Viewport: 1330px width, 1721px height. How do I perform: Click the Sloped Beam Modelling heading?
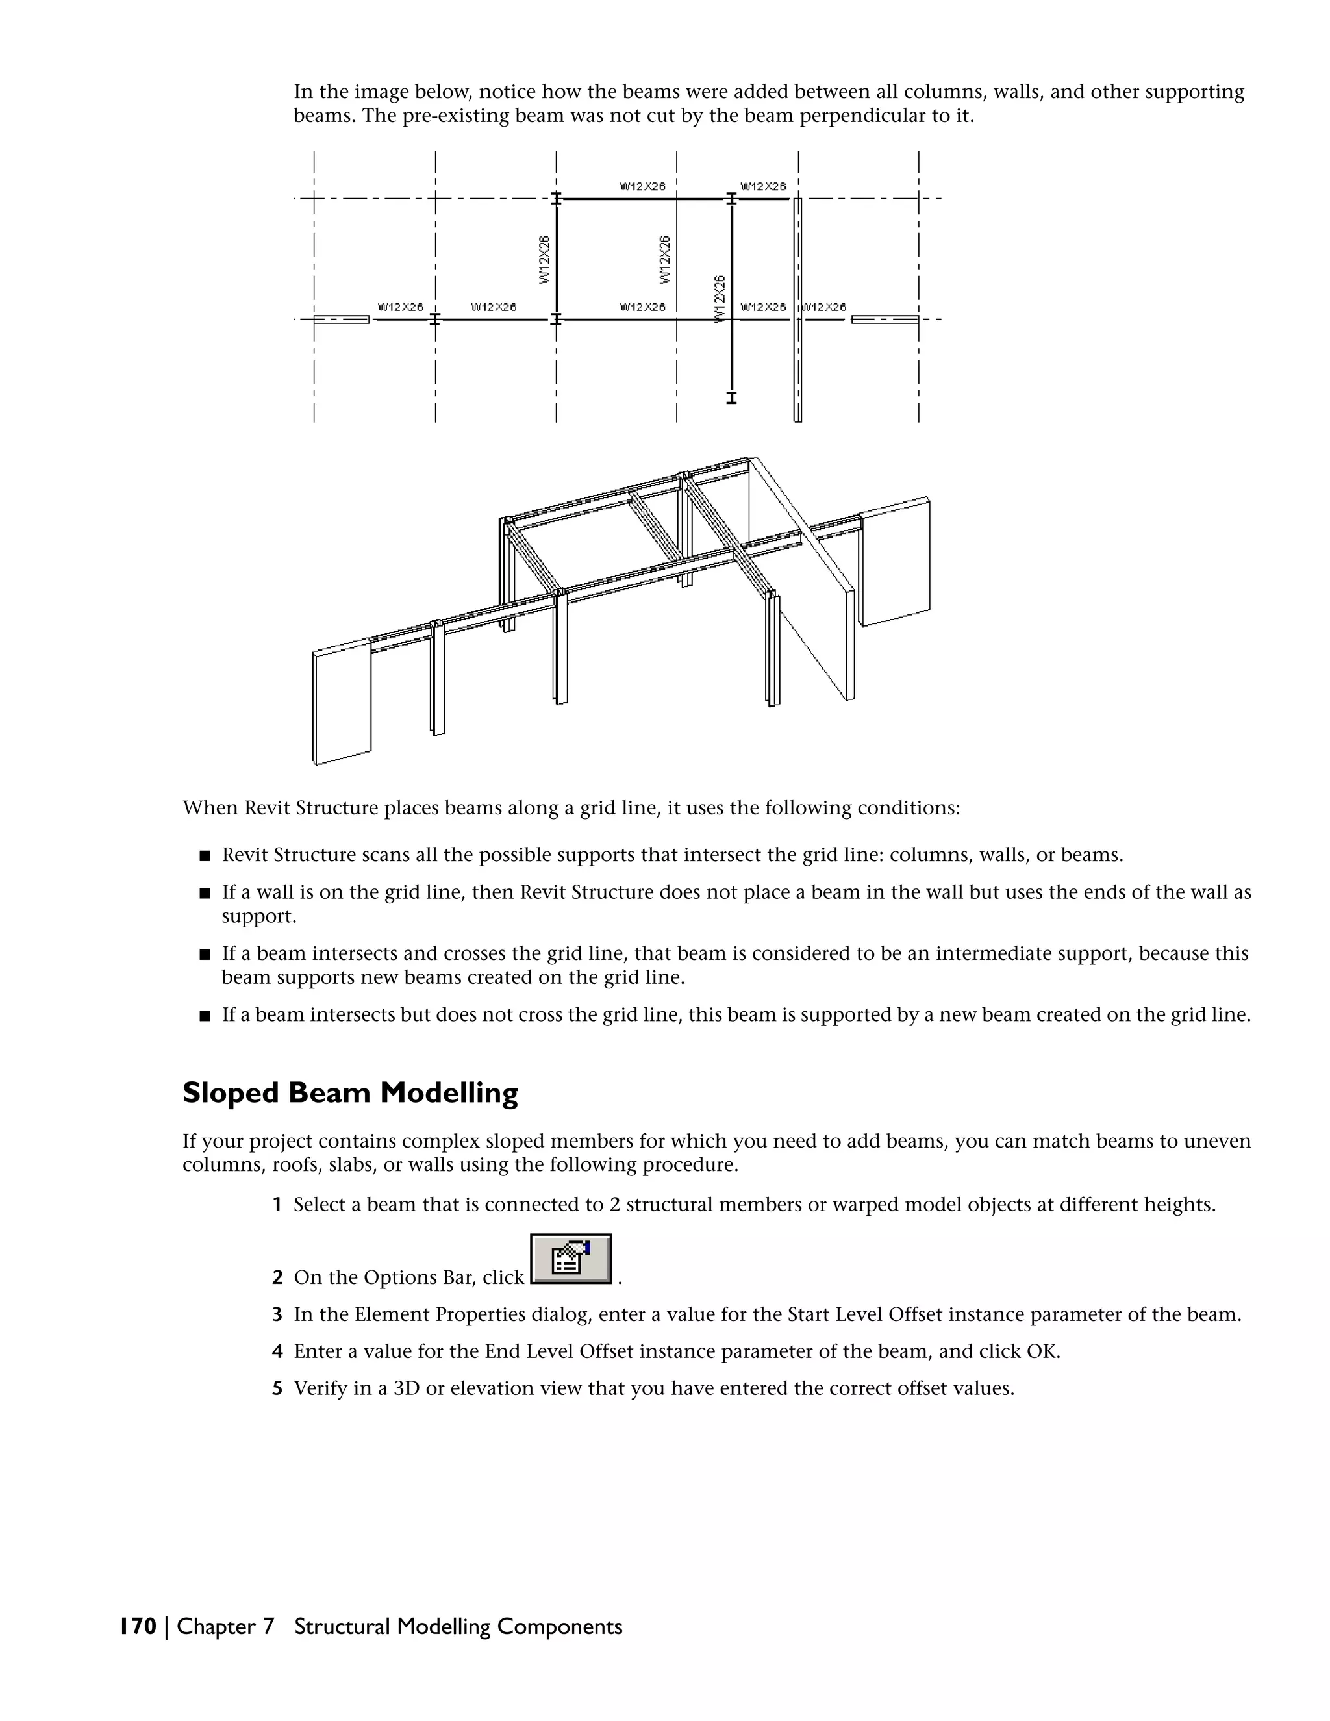coord(350,1093)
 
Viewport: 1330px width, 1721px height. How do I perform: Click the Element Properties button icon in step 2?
coord(570,1259)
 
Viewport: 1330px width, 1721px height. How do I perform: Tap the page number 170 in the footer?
coord(138,1626)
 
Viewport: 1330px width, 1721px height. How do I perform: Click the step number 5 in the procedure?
coord(277,1388)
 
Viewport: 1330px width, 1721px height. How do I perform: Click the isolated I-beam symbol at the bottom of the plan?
coord(731,398)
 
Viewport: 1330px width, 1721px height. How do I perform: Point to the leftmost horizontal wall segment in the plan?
coord(341,319)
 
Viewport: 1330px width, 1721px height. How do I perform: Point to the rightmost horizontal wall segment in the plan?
coord(885,319)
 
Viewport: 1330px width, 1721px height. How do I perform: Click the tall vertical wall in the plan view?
coord(797,310)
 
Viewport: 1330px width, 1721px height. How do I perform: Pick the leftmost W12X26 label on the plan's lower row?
coord(400,307)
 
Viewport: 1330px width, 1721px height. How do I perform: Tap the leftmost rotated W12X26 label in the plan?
coord(544,259)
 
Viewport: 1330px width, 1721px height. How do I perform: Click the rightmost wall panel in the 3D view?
coord(895,562)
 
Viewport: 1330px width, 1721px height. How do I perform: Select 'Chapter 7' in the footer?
coord(225,1626)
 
